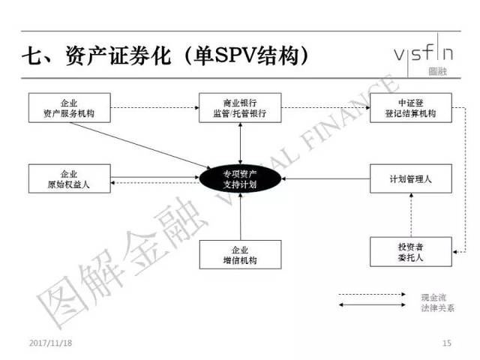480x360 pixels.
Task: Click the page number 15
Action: tap(448, 343)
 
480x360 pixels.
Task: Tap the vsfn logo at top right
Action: tap(424, 55)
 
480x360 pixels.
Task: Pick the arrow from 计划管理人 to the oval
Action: tap(325, 179)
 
